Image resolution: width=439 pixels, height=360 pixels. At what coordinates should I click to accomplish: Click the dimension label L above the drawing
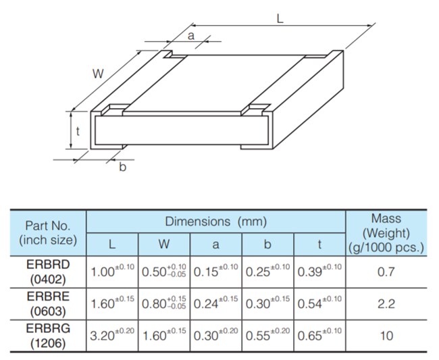pyautogui.click(x=280, y=21)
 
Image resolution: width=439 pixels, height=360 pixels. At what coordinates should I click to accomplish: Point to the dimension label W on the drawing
pyautogui.click(x=99, y=74)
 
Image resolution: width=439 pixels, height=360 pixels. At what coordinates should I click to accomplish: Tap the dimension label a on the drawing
pyautogui.click(x=190, y=36)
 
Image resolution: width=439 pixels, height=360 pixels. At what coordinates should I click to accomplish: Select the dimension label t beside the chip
pyautogui.click(x=79, y=132)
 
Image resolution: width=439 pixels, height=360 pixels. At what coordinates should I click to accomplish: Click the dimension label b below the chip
pyautogui.click(x=122, y=167)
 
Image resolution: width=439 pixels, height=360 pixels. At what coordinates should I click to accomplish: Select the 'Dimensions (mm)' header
pyautogui.click(x=216, y=222)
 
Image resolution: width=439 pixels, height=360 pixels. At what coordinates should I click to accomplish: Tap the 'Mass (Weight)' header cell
pyautogui.click(x=386, y=232)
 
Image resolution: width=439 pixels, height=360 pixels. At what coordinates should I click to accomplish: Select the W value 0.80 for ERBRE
pyautogui.click(x=164, y=304)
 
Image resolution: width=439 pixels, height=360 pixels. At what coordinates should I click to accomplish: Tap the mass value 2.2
pyautogui.click(x=386, y=305)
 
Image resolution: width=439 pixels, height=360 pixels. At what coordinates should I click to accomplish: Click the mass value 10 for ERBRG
pyautogui.click(x=386, y=336)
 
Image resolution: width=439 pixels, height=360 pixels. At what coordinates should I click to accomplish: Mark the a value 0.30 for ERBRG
pyautogui.click(x=215, y=336)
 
